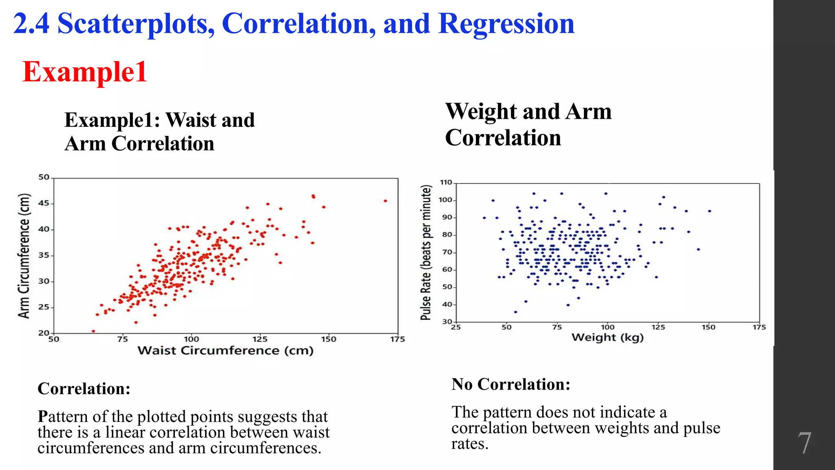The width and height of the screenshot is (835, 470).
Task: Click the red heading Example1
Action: pos(84,72)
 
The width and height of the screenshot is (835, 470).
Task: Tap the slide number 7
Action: pos(804,443)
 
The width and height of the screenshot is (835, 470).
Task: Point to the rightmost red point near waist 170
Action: pos(385,201)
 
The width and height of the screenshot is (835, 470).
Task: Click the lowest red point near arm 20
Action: pos(93,331)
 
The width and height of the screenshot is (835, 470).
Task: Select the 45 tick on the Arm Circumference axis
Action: pos(44,203)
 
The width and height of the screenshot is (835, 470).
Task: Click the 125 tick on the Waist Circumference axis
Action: pos(260,339)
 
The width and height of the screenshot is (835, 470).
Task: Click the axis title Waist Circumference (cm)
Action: pos(225,350)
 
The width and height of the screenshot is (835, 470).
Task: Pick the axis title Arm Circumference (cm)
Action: pos(24,256)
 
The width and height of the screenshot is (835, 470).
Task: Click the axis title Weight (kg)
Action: pos(607,337)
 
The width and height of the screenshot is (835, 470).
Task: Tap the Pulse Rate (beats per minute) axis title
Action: pos(426,253)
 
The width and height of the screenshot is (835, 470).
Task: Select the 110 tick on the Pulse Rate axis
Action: pos(446,182)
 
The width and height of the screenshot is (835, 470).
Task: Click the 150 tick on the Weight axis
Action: pos(709,327)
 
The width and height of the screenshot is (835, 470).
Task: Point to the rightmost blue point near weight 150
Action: pos(710,211)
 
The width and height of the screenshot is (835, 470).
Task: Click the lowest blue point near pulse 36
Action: pos(516,312)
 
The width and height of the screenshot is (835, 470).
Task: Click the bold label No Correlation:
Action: pos(510,384)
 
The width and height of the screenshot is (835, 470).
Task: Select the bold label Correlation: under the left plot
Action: pos(84,388)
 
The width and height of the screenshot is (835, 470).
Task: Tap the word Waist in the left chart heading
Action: pos(191,120)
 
